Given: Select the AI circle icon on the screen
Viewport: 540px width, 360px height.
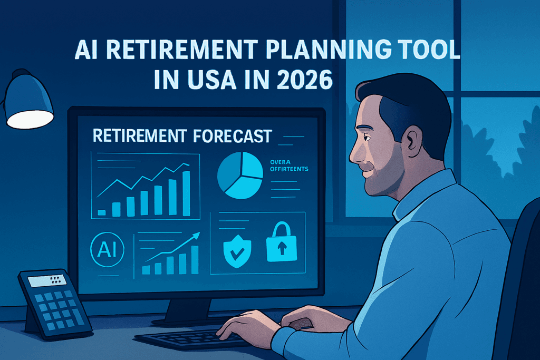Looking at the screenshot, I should click(107, 250).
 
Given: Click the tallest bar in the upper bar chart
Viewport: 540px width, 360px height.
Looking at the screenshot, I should click(186, 193).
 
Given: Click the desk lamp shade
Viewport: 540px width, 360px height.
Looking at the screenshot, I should click(29, 103).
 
